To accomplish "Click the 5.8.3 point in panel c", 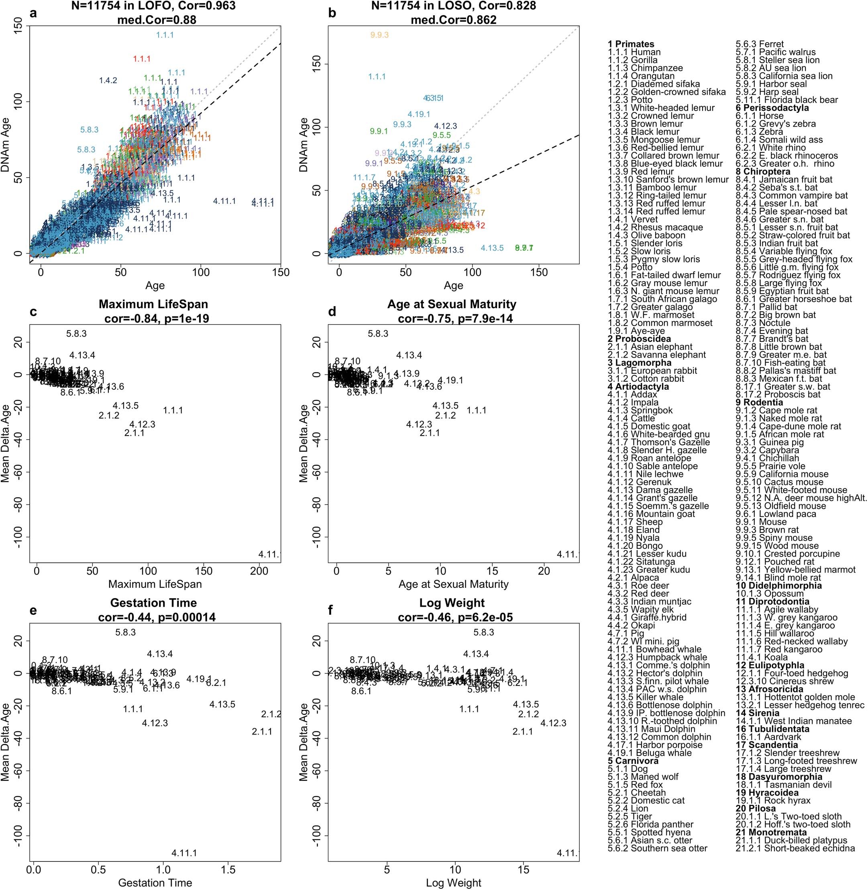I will click(76, 334).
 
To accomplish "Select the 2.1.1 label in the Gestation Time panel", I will click(262, 732).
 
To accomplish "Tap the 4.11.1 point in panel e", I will click(184, 853).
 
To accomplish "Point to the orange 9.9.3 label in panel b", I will click(379, 35).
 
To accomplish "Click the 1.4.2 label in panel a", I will click(108, 81).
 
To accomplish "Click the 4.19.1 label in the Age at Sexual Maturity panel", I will click(450, 381).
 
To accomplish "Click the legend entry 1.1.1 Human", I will click(634, 52).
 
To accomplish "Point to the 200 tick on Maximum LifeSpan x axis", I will click(259, 571).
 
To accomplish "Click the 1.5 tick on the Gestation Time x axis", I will click(228, 870).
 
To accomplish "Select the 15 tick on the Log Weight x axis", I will click(524, 870).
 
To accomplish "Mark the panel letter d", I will click(332, 312).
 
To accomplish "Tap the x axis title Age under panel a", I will click(155, 286).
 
